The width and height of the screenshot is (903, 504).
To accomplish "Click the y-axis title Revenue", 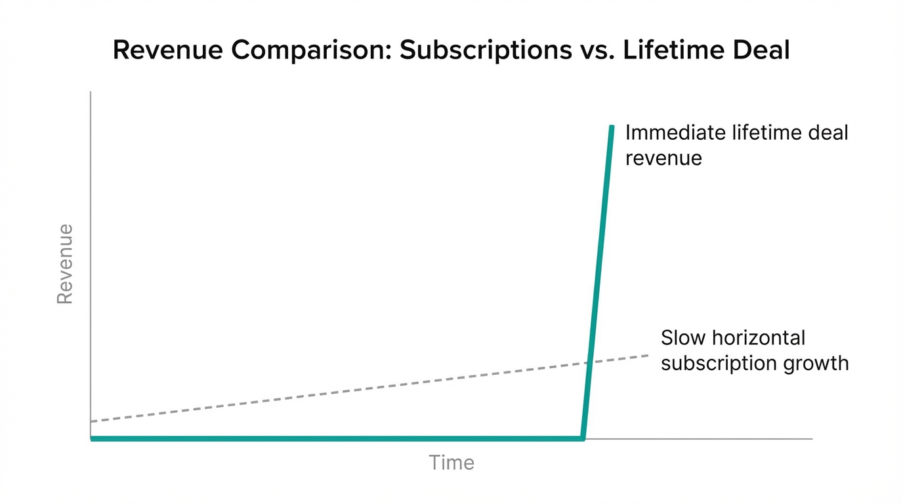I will [x=65, y=264].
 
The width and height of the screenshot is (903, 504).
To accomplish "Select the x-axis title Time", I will [x=451, y=463].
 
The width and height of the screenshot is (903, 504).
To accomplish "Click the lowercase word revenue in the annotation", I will [x=663, y=158].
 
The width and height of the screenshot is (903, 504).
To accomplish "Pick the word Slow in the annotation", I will [x=683, y=338].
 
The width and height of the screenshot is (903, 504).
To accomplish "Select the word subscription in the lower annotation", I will [x=717, y=363].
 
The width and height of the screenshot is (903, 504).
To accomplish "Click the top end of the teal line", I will [x=612, y=127].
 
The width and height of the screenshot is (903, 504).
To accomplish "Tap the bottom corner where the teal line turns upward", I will [x=582, y=438].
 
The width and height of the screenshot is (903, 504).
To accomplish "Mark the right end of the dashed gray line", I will [x=648, y=355].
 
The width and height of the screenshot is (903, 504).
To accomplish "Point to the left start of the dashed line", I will [x=92, y=421].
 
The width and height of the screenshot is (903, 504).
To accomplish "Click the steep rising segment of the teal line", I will [x=597, y=282].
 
